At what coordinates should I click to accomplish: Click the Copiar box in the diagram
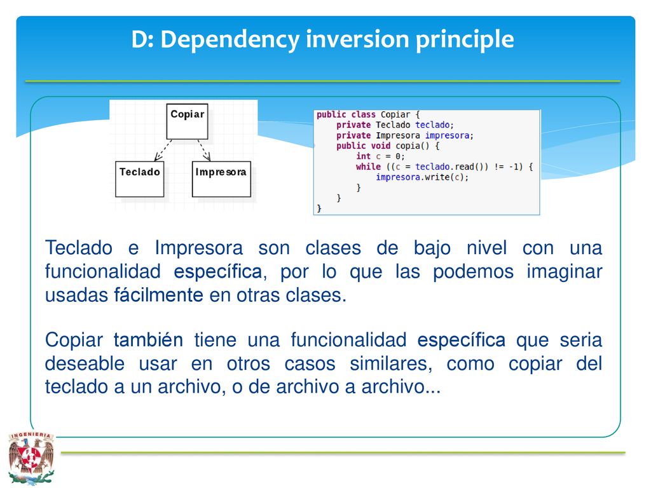[188, 121]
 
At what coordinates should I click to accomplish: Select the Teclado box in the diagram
[139, 179]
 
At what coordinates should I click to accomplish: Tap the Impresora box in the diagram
[221, 179]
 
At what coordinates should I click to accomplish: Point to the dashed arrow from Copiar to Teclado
[163, 151]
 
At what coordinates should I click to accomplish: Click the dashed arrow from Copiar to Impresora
[204, 151]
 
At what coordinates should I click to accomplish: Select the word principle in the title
[465, 40]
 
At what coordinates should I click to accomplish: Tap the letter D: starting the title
[142, 39]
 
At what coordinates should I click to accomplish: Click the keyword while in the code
[368, 167]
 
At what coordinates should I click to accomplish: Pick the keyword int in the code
[363, 156]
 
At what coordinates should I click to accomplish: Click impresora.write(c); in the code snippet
[422, 177]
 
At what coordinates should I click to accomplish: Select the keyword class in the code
[363, 114]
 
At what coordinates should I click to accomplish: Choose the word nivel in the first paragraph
[486, 248]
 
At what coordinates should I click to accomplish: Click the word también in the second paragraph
[148, 340]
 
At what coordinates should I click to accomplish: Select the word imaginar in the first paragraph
[565, 272]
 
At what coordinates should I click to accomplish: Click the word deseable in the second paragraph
[85, 363]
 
